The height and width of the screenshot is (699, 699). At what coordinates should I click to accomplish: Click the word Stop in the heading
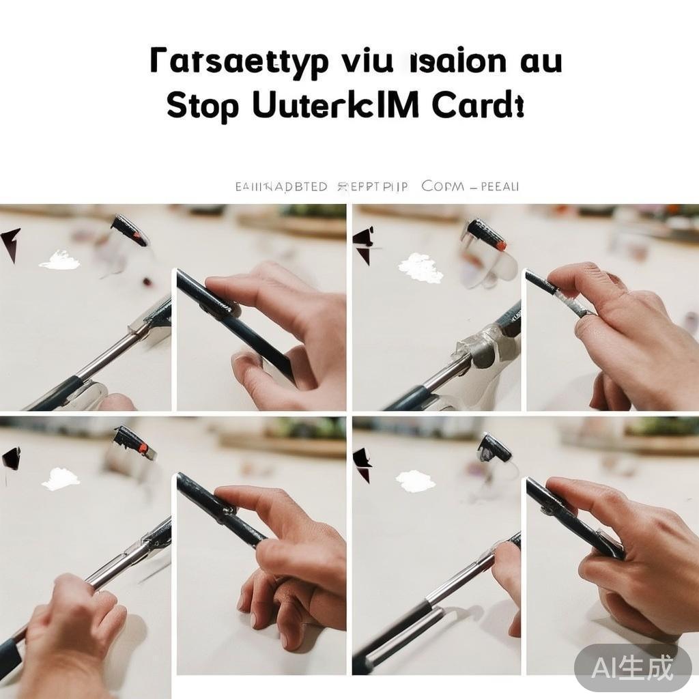point(203,108)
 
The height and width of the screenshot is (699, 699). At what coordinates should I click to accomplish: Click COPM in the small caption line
point(443,186)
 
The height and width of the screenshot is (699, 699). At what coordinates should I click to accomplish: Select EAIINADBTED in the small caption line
point(281,186)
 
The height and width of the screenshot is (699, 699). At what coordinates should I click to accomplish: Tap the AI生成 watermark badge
point(632,667)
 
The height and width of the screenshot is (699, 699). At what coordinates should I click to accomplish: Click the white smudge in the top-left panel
point(59,260)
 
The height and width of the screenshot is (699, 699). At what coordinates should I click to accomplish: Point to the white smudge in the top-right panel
point(420,268)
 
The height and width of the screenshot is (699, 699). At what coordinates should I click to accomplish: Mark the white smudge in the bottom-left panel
point(60,479)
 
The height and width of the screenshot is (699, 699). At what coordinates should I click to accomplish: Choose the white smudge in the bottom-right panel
point(415,481)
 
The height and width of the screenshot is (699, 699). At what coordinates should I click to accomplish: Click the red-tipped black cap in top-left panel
point(129,230)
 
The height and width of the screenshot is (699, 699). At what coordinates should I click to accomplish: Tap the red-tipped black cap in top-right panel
point(486,235)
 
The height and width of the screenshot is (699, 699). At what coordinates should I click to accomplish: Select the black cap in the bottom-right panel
point(495,448)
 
